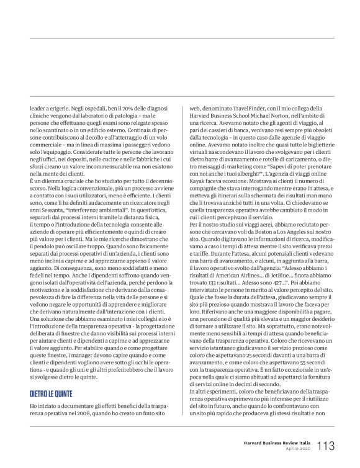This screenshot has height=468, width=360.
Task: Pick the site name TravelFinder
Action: point(242,107)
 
